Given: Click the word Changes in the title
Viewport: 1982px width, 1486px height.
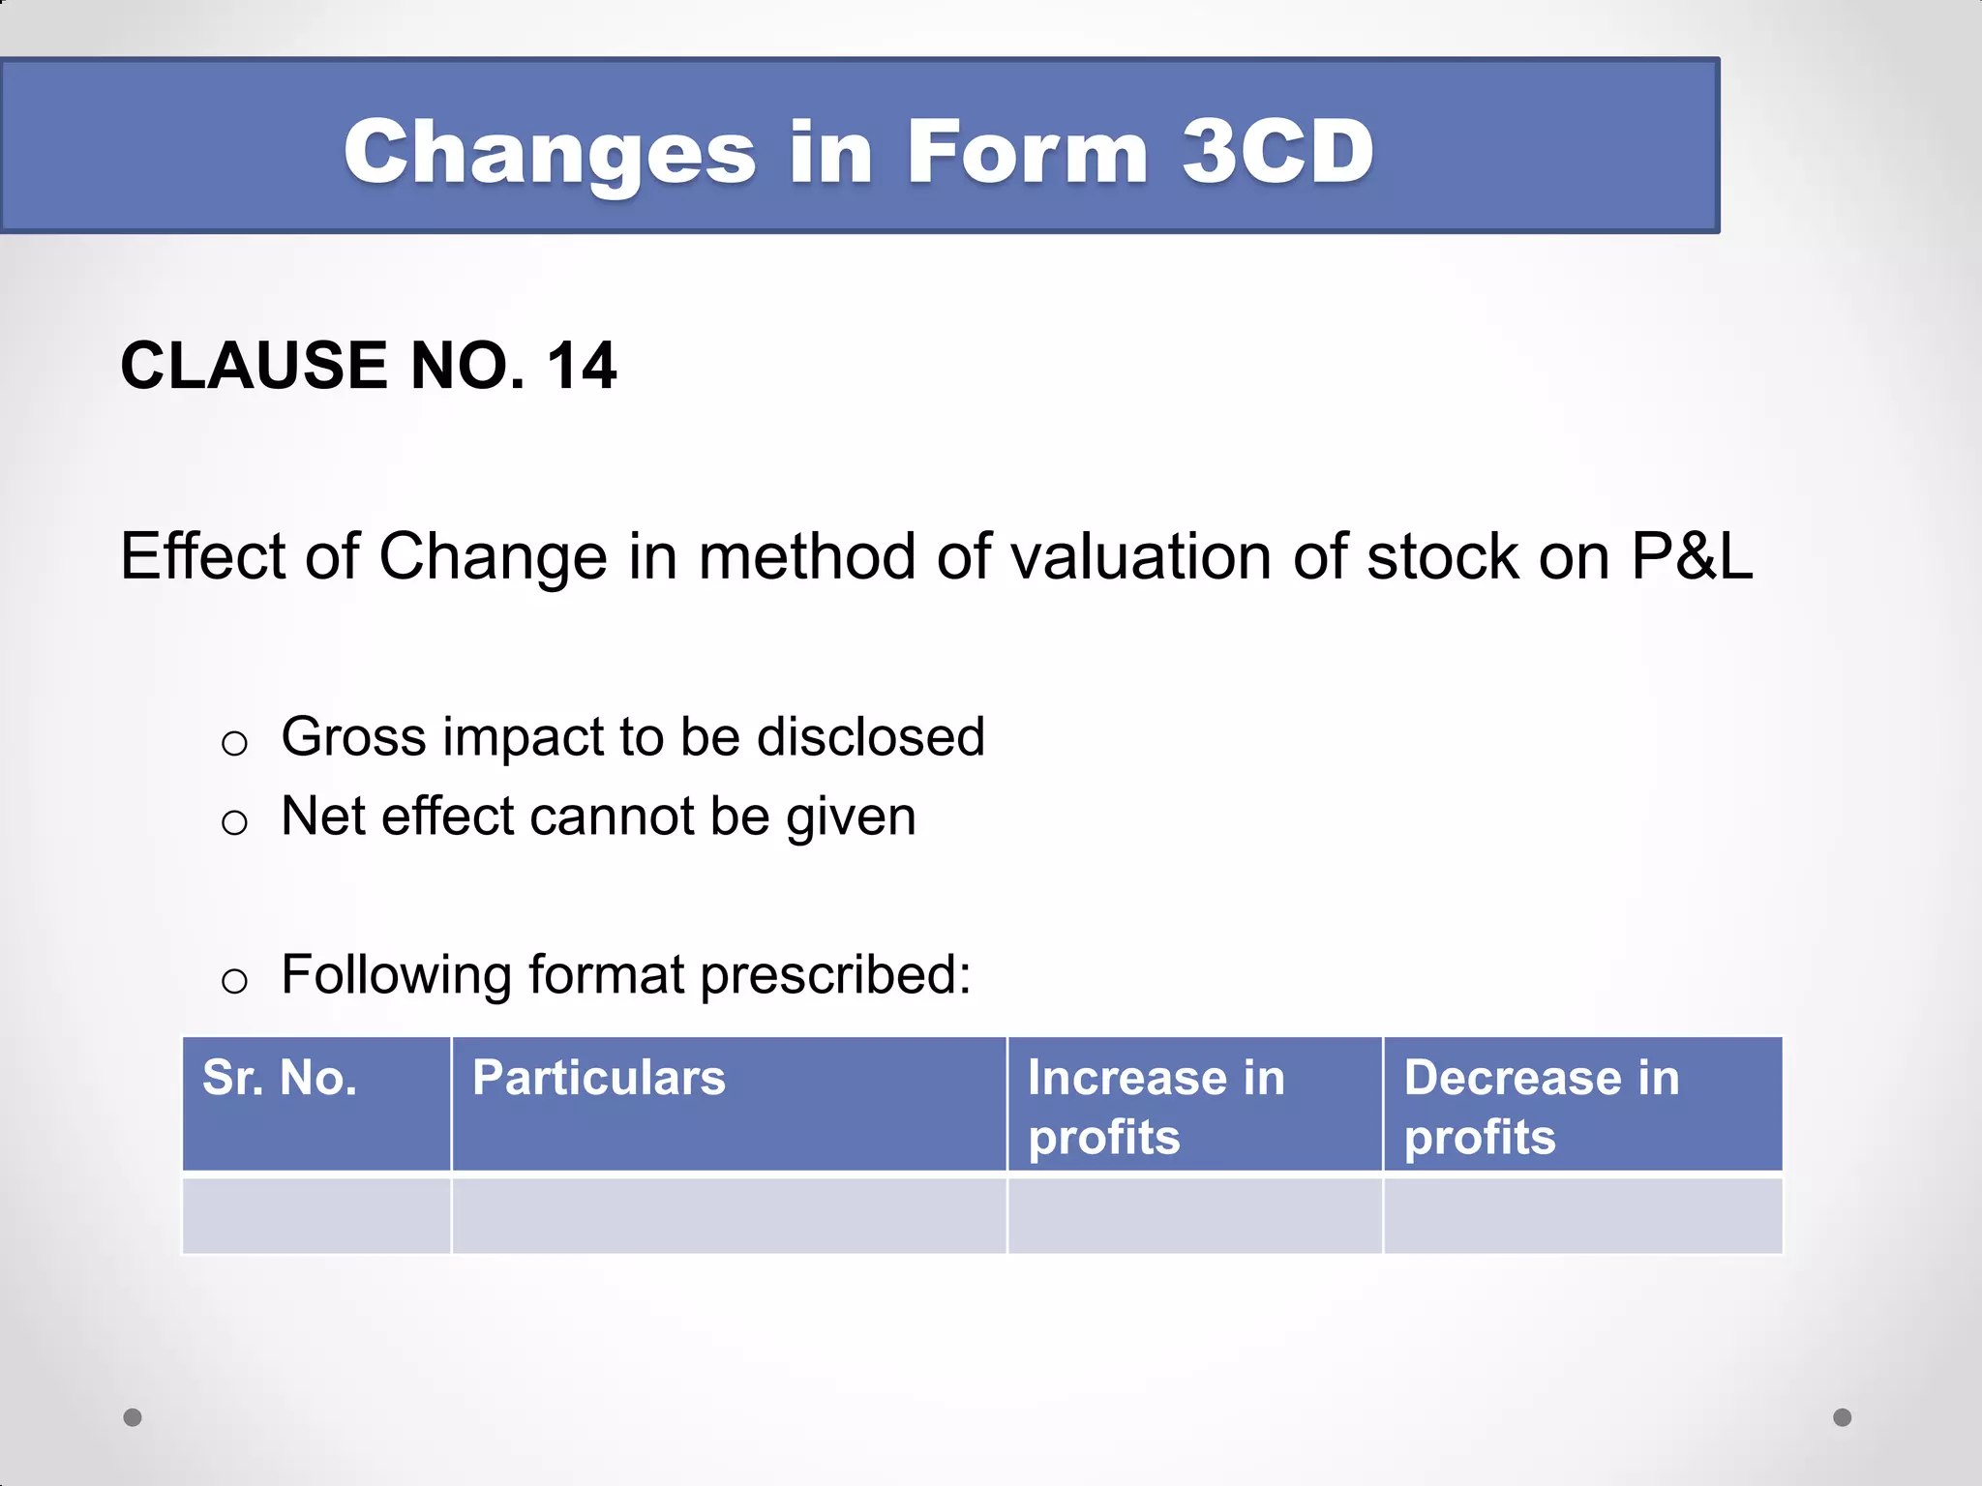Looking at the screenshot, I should pyautogui.click(x=550, y=152).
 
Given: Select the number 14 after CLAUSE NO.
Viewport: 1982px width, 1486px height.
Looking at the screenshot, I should pyautogui.click(x=581, y=366).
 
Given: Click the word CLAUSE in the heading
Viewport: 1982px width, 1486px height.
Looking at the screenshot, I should pyautogui.click(x=254, y=366).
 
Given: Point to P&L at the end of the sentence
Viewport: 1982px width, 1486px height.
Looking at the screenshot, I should pyautogui.click(x=1692, y=556).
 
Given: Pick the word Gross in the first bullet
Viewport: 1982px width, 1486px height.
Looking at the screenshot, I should pyautogui.click(x=353, y=737).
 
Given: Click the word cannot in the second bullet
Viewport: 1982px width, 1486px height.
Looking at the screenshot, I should pyautogui.click(x=613, y=817).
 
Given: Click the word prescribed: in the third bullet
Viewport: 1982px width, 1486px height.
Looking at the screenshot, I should pyautogui.click(x=835, y=975).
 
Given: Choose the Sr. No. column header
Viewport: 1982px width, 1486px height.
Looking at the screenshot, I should pyautogui.click(x=280, y=1078).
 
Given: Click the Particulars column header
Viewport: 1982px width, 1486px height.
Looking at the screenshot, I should pyautogui.click(x=598, y=1078).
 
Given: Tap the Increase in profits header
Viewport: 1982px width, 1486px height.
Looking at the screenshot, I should pyautogui.click(x=1156, y=1106).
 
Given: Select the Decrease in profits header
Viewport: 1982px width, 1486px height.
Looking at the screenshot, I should pyautogui.click(x=1541, y=1106).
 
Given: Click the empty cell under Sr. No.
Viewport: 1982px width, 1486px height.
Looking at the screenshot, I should pyautogui.click(x=316, y=1215).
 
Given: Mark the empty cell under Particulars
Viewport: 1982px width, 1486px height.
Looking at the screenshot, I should pyautogui.click(x=729, y=1215).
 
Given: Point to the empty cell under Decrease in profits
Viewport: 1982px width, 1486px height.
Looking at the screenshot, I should pyautogui.click(x=1582, y=1215).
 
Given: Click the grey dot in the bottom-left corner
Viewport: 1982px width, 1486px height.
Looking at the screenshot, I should pyautogui.click(x=133, y=1417).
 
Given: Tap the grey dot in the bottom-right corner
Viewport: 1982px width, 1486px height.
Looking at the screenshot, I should pyautogui.click(x=1843, y=1417).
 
